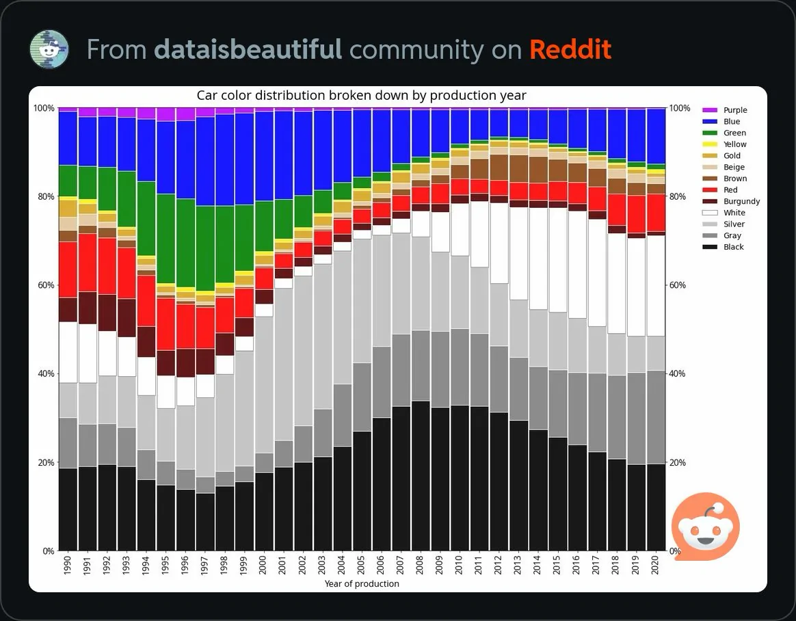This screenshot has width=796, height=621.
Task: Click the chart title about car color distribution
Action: pyautogui.click(x=361, y=96)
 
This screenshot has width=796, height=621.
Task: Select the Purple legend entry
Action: pyautogui.click(x=724, y=110)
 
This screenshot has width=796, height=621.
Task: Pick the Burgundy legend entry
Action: pyautogui.click(x=731, y=201)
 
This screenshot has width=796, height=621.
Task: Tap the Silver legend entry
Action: pyautogui.click(x=724, y=224)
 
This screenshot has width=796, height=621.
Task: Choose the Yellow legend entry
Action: pyautogui.click(x=724, y=144)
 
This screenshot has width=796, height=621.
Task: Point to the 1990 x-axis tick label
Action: pyautogui.click(x=68, y=565)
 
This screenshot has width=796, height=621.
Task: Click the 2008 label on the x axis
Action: pyautogui.click(x=419, y=565)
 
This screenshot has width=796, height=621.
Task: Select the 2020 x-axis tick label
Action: pyautogui.click(x=655, y=565)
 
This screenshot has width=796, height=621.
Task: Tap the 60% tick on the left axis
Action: pyautogui.click(x=46, y=285)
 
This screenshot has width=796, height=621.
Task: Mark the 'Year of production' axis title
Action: pyautogui.click(x=362, y=584)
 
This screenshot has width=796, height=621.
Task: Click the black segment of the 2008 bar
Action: pyautogui.click(x=421, y=476)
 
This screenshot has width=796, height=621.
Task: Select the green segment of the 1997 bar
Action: pyautogui.click(x=205, y=248)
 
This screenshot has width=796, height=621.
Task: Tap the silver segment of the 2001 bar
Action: pyautogui.click(x=284, y=365)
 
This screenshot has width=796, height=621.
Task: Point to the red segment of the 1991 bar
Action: pyautogui.click(x=88, y=263)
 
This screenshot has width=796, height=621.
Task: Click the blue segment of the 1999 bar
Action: pyautogui.click(x=245, y=159)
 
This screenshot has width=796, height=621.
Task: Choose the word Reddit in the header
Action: pyautogui.click(x=570, y=49)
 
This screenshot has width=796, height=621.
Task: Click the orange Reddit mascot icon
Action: pyautogui.click(x=705, y=526)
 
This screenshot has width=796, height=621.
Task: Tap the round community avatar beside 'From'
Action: pyautogui.click(x=49, y=49)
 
